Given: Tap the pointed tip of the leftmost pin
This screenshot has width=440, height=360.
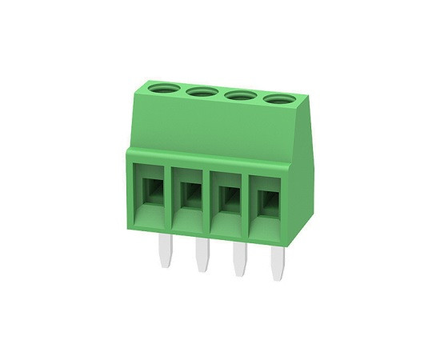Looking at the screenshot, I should pos(165,264).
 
